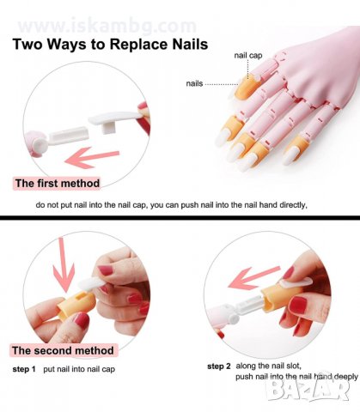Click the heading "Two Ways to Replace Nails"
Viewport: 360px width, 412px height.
tap(110, 45)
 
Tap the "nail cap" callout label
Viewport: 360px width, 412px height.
tap(248, 55)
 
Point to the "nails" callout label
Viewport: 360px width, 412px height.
tap(194, 83)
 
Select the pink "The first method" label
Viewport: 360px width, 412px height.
tap(57, 184)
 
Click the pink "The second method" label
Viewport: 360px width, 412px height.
tap(63, 350)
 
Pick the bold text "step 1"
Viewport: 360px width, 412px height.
tap(24, 369)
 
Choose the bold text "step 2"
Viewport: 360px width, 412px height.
tap(219, 367)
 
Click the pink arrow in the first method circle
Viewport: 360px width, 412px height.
tap(92, 158)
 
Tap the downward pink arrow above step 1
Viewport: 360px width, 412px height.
tap(64, 264)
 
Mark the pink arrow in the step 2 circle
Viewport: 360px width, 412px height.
tap(253, 277)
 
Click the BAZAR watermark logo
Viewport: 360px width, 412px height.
tap(308, 388)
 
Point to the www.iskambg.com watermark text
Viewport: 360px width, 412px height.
tap(107, 26)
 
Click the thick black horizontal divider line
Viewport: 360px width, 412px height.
tap(180, 218)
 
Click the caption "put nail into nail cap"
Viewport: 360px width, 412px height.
tap(79, 369)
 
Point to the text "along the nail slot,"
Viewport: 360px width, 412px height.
tap(268, 366)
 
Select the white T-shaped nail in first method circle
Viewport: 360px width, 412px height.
tap(114, 120)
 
